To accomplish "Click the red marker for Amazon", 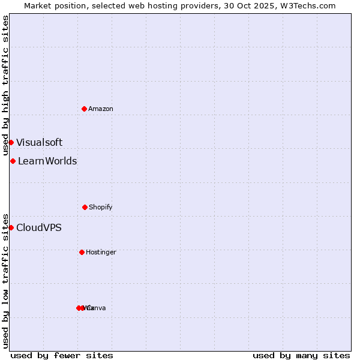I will point(85,109).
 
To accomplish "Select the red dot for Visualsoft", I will point(11,142).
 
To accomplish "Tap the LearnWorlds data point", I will point(13,161).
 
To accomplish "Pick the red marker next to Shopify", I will point(85,207).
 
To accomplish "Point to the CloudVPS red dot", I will point(11,227).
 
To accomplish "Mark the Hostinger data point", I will point(82,252).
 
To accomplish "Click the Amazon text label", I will point(101,109).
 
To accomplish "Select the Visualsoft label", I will point(39,142).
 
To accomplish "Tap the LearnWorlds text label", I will point(47,161).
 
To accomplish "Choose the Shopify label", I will point(101,207).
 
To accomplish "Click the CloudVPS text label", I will point(38,227).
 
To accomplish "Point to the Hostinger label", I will point(101,252).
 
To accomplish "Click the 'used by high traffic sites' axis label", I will point(5,85).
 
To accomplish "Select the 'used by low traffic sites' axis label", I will point(5,280).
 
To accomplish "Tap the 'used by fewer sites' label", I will point(62,355).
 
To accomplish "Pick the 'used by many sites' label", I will point(301,355).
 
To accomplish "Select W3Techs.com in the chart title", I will point(310,5).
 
